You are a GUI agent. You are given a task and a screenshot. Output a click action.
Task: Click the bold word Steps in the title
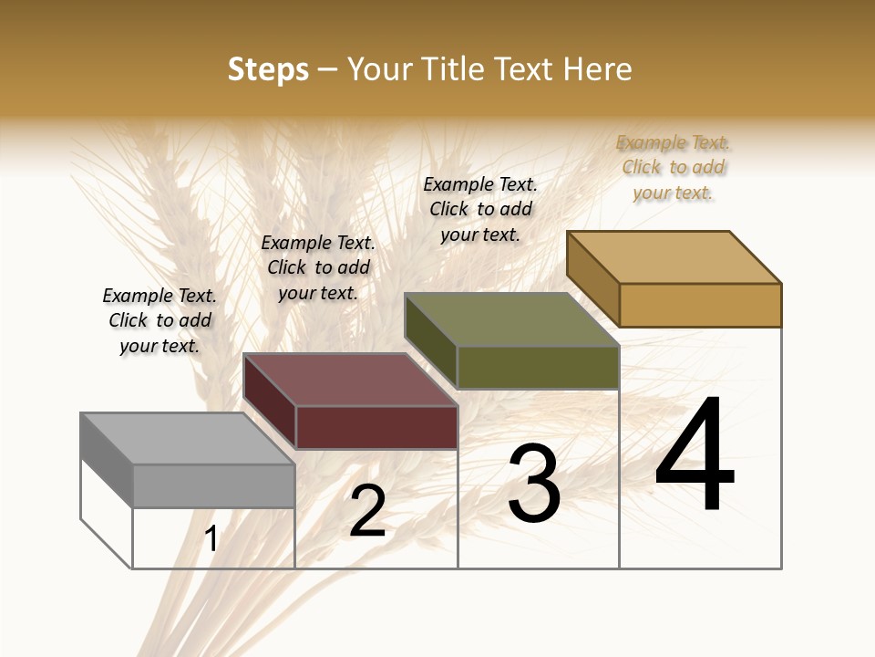pos(268,69)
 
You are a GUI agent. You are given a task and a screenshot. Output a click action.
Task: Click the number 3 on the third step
pos(533,484)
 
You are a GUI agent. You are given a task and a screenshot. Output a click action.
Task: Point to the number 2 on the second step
pos(367,511)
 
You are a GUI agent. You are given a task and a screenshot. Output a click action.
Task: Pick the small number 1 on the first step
pos(211,539)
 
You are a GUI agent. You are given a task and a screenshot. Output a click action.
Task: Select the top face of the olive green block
pos(511,319)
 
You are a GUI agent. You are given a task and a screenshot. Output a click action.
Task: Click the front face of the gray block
pos(214,485)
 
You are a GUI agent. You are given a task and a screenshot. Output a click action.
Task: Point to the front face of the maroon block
pos(376,427)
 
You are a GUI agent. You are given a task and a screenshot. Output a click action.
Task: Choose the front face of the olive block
pos(538,367)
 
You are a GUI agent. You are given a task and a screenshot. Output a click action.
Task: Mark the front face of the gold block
pos(700,305)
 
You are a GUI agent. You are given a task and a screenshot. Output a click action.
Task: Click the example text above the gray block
pos(160,320)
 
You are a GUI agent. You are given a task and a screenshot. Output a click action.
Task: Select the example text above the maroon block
pos(318,267)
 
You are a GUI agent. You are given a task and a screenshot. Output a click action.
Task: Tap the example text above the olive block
pos(480,209)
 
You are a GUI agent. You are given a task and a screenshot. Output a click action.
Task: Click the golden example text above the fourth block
pos(674,167)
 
